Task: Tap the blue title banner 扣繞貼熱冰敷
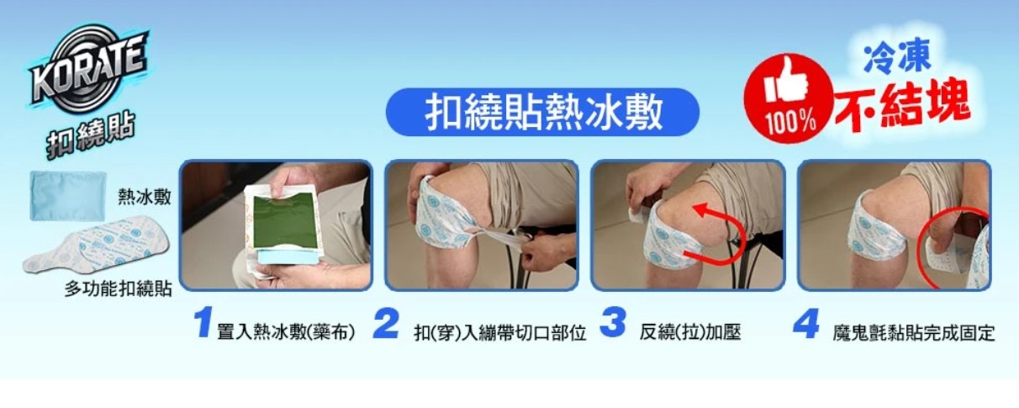(542, 112)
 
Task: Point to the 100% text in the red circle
(790, 122)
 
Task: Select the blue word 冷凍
(896, 57)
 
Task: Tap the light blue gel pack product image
(68, 195)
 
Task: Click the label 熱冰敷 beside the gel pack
(145, 197)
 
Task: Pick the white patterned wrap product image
(96, 246)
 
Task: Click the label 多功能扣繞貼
(119, 289)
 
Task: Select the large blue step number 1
(203, 323)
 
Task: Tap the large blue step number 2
(386, 323)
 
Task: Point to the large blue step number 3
(612, 323)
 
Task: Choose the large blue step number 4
(806, 323)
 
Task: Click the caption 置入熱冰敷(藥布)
(286, 332)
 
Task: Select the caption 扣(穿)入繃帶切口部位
(500, 333)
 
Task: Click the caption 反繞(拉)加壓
(690, 332)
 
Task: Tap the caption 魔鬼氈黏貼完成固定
(914, 333)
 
